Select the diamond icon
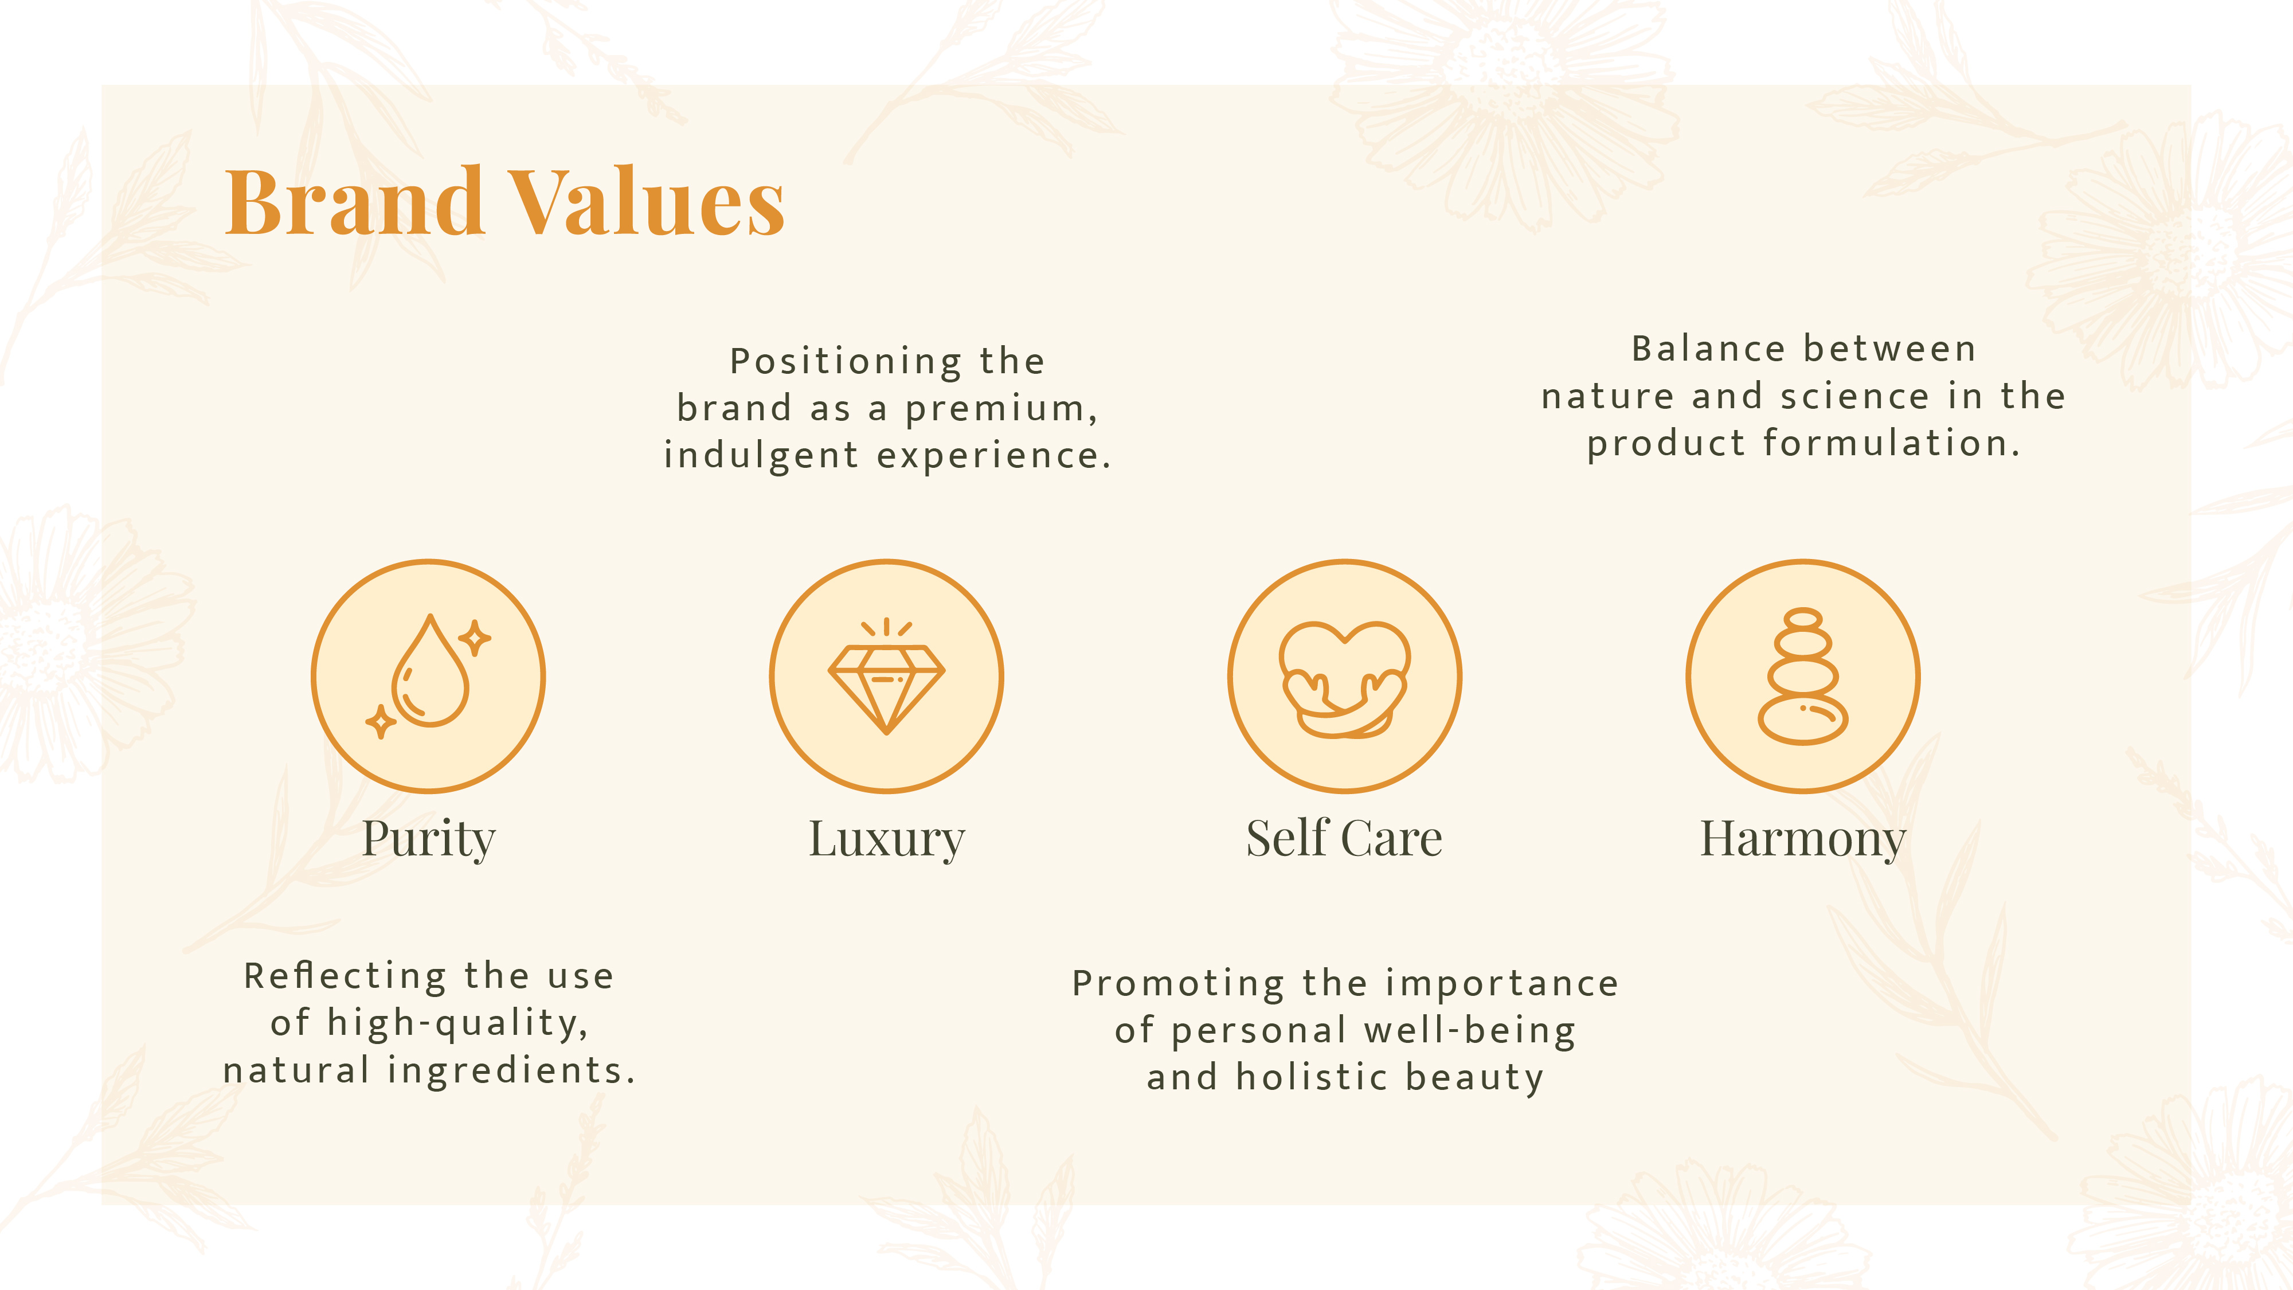[887, 676]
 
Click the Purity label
[428, 839]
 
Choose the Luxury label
[887, 839]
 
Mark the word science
[1855, 396]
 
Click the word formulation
[1892, 443]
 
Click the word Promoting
[1179, 984]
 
